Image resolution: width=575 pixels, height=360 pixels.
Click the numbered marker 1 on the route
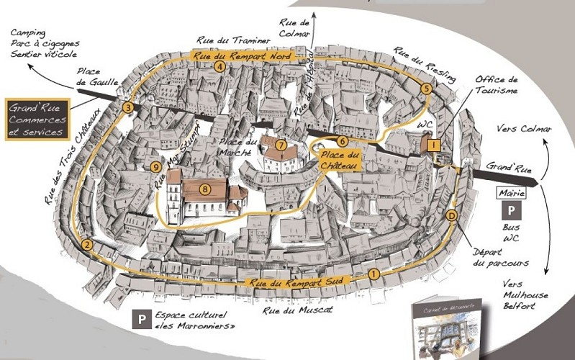pyautogui.click(x=373, y=274)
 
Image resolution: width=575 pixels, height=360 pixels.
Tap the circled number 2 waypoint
pyautogui.click(x=88, y=245)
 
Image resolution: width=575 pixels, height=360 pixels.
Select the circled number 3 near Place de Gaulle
pyautogui.click(x=128, y=108)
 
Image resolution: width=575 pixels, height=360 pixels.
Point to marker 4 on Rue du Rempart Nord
pyautogui.click(x=219, y=67)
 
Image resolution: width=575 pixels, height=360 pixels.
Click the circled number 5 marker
pyautogui.click(x=427, y=89)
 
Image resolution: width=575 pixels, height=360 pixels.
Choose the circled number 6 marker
pyautogui.click(x=342, y=141)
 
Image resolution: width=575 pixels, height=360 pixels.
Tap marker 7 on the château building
pyautogui.click(x=281, y=145)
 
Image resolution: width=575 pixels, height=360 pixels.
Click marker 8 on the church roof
pyautogui.click(x=206, y=189)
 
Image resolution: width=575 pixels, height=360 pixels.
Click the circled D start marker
pyautogui.click(x=451, y=215)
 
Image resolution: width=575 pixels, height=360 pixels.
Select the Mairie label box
pyautogui.click(x=512, y=193)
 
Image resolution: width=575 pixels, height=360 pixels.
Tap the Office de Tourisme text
pyautogui.click(x=497, y=85)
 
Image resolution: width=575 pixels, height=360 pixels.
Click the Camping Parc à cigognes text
pyautogui.click(x=43, y=43)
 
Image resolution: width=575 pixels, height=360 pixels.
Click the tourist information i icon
pyautogui.click(x=434, y=145)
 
